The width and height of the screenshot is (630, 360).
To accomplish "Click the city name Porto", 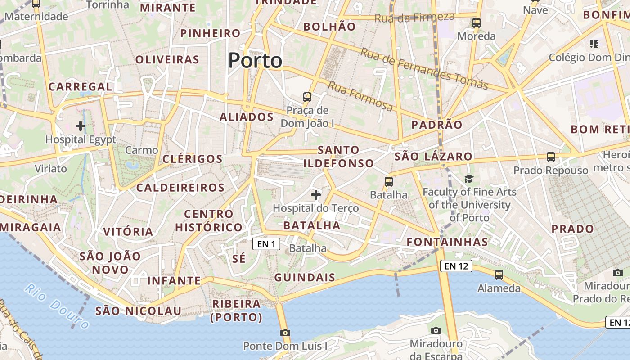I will (x=255, y=60).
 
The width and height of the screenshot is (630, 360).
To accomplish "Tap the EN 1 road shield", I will (x=266, y=244).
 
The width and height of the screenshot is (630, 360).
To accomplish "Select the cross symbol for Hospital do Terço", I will (x=316, y=195).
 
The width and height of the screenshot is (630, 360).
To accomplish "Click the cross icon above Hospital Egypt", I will (x=81, y=126).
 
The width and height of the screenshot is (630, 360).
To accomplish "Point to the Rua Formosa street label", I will (x=360, y=96).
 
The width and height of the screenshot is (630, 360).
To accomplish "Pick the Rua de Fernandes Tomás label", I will (x=424, y=68).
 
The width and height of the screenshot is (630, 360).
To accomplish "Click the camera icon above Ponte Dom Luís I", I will (x=285, y=333).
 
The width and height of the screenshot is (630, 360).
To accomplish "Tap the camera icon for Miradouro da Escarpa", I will (x=436, y=331).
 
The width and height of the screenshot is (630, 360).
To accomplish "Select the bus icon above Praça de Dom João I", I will (x=307, y=97).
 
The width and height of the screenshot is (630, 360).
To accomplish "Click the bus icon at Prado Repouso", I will (x=551, y=157).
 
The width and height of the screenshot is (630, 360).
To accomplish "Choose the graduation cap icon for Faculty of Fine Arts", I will (x=469, y=179).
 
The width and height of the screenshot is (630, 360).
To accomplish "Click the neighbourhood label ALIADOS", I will (x=247, y=117).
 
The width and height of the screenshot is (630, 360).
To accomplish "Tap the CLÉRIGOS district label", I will (x=193, y=159).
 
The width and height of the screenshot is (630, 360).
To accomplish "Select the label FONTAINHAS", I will (x=447, y=242).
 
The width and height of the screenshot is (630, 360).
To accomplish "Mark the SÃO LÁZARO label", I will (x=433, y=157).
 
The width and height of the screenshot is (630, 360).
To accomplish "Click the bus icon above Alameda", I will (x=499, y=274).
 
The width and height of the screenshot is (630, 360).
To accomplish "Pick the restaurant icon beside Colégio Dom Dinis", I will (x=594, y=44).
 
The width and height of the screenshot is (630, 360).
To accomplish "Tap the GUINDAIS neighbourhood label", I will (x=305, y=277).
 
